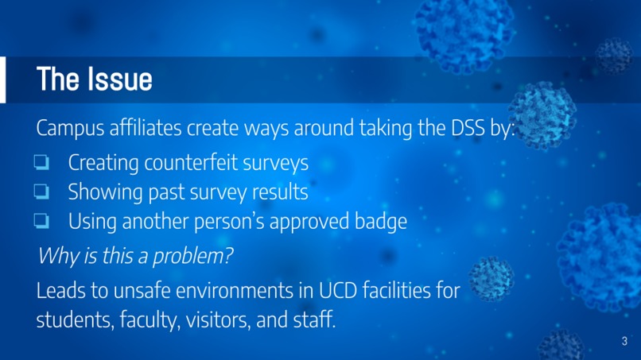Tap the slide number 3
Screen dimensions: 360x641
click(x=624, y=341)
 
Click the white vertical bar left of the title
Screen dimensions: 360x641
click(x=2, y=79)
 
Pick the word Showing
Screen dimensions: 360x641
click(x=103, y=192)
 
